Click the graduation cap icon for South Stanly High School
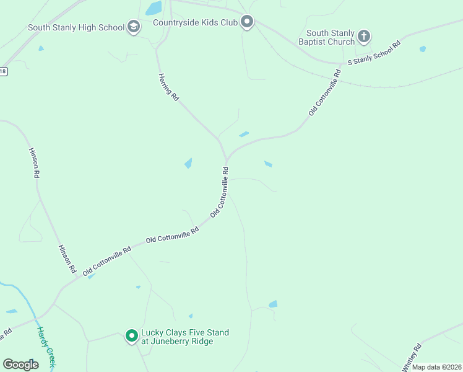point(134,27)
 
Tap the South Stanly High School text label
point(76,28)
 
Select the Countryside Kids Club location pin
point(247,22)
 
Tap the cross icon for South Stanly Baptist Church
point(364,37)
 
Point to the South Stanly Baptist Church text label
point(331,37)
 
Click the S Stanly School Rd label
point(374,53)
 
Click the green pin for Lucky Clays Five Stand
point(131,336)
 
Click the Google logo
point(20,365)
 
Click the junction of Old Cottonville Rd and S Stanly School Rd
point(342,64)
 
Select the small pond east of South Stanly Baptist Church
point(423,48)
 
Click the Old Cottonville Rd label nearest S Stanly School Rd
point(325,93)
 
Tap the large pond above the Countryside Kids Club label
point(154,8)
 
